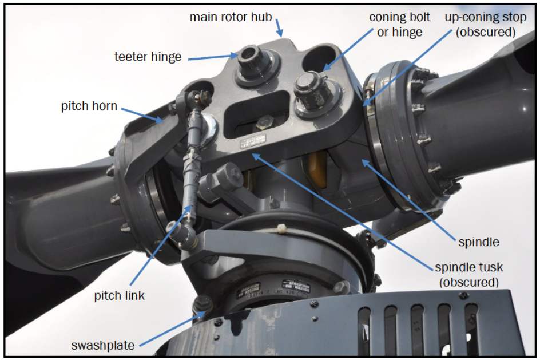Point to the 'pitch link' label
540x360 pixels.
pyautogui.click(x=120, y=296)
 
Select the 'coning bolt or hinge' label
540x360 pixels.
pyautogui.click(x=399, y=25)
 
